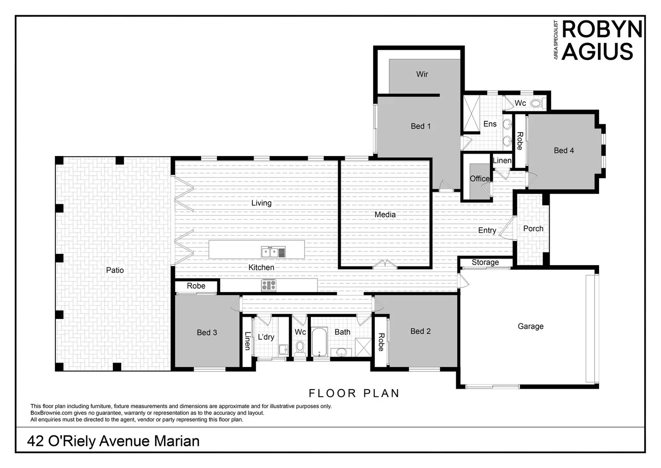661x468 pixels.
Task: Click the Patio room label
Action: point(115,270)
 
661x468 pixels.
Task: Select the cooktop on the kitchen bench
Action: point(268,285)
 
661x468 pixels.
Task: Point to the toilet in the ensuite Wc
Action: point(536,104)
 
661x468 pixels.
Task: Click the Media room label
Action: point(385,214)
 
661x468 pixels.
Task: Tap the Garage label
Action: point(530,326)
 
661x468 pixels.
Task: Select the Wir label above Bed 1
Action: point(422,74)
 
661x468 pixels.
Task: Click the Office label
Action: point(479,179)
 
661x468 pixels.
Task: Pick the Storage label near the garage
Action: point(485,262)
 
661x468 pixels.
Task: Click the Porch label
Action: point(533,228)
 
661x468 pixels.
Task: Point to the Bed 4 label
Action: point(564,150)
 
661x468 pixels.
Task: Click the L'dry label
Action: point(266,337)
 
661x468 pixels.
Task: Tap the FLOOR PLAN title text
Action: point(354,393)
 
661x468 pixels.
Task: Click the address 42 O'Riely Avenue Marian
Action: point(113,441)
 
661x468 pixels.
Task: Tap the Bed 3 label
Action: point(206,332)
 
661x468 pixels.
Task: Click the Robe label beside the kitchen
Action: point(196,286)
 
